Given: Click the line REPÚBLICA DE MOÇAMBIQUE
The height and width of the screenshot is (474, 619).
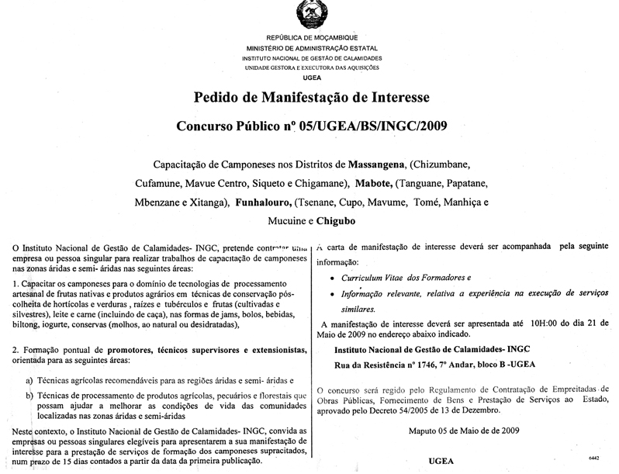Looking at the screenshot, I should (311, 38).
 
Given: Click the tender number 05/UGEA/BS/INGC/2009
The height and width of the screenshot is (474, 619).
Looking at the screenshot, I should (372, 125).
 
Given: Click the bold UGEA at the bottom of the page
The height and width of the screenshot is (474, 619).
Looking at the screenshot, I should (441, 462).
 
